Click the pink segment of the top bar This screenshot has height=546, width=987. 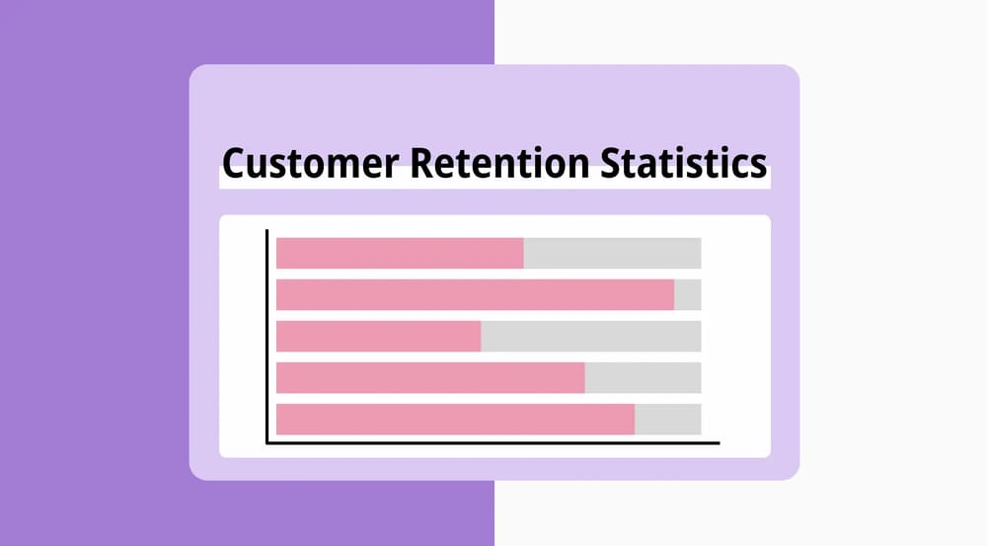[x=400, y=253]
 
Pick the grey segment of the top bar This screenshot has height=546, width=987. [x=612, y=253]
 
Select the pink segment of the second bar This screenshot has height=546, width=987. [x=475, y=294]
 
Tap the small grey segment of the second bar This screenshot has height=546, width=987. [x=688, y=294]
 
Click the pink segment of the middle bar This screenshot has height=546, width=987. [x=378, y=336]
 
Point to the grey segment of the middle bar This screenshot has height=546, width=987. [x=590, y=336]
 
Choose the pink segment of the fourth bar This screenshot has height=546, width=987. [x=430, y=377]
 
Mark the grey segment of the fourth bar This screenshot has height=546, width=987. [x=643, y=377]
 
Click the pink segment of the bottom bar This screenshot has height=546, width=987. [x=455, y=419]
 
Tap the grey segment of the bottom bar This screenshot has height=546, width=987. [x=667, y=419]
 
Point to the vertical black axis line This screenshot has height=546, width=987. [x=267, y=336]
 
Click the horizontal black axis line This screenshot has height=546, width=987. [x=493, y=442]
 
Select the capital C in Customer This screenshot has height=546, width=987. [x=233, y=162]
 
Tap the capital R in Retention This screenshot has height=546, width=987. [x=419, y=162]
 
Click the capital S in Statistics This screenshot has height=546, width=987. [x=612, y=162]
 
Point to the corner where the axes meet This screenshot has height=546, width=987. [x=267, y=442]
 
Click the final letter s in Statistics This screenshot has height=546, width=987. [x=758, y=165]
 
